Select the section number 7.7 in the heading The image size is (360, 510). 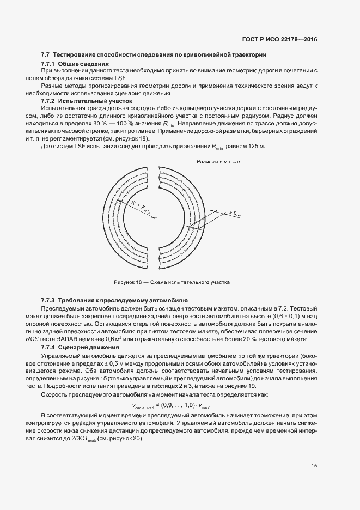[46, 55]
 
